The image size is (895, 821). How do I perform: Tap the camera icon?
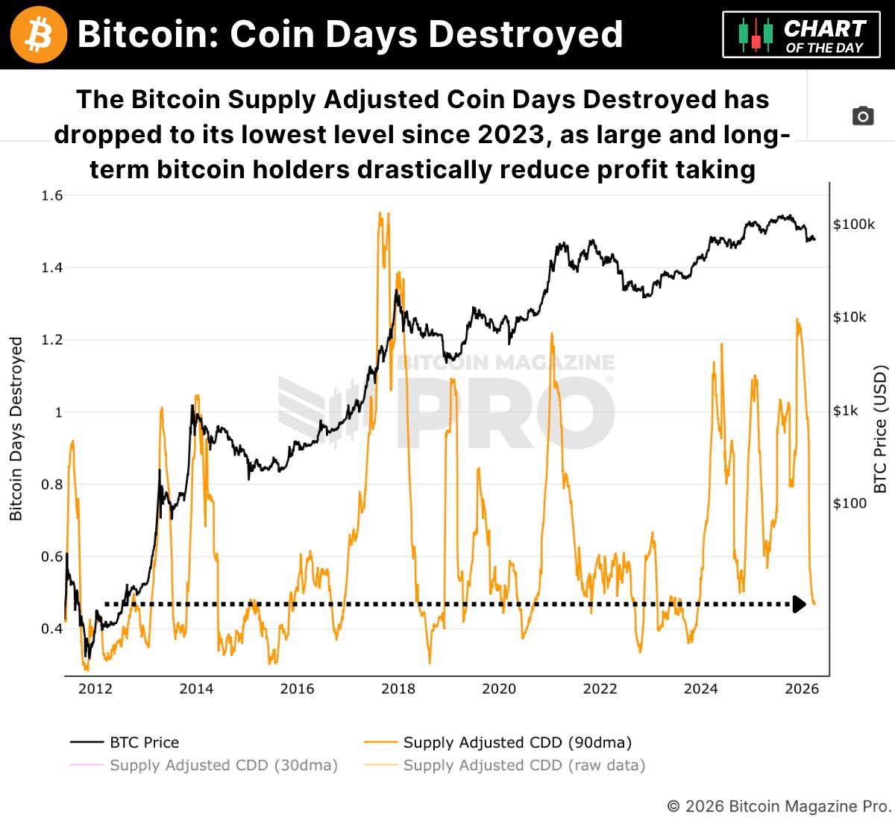(x=863, y=116)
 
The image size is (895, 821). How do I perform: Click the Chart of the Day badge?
(x=803, y=35)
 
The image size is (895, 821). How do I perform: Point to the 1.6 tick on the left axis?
(x=52, y=195)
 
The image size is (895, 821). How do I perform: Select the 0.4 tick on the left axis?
(x=52, y=629)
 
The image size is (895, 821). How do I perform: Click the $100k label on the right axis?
(x=854, y=224)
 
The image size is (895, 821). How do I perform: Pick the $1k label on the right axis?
(x=845, y=411)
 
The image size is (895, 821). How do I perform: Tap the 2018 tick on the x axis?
(x=398, y=688)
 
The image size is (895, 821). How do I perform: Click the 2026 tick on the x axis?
(x=802, y=688)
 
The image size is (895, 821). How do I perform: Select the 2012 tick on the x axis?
(x=95, y=688)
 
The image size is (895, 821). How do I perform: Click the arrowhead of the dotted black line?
(x=800, y=604)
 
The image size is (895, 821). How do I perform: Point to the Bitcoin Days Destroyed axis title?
(x=16, y=429)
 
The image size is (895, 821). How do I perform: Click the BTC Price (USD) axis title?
(x=880, y=429)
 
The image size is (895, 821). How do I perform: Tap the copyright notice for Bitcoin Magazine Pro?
(x=779, y=806)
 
